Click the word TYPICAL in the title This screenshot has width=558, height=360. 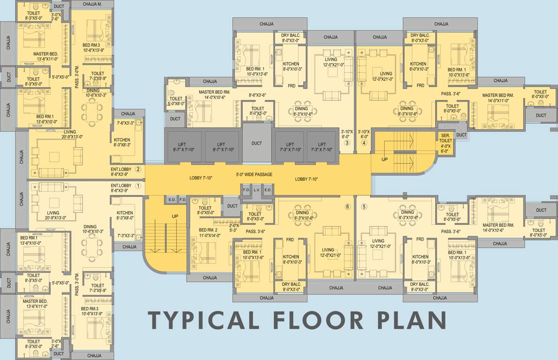(203, 320)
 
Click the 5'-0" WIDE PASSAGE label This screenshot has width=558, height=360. (254, 174)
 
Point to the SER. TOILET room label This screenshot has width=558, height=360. (446, 138)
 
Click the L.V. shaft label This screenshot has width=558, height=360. (257, 190)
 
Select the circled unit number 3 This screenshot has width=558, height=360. (347, 143)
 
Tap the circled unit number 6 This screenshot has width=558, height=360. (348, 207)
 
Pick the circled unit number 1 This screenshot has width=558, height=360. (138, 186)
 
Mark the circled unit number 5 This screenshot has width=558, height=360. (364, 207)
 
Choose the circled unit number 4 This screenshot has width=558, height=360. (364, 143)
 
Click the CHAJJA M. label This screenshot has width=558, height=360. (92, 4)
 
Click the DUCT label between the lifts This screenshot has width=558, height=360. (257, 143)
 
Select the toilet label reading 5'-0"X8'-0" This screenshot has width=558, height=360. (176, 104)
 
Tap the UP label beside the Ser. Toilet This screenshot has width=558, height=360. (384, 159)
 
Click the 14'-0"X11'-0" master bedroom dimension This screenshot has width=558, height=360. (498, 101)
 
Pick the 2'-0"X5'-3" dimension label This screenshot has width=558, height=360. (234, 228)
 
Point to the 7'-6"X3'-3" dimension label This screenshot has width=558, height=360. (125, 123)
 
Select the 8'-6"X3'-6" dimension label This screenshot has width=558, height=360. (258, 95)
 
